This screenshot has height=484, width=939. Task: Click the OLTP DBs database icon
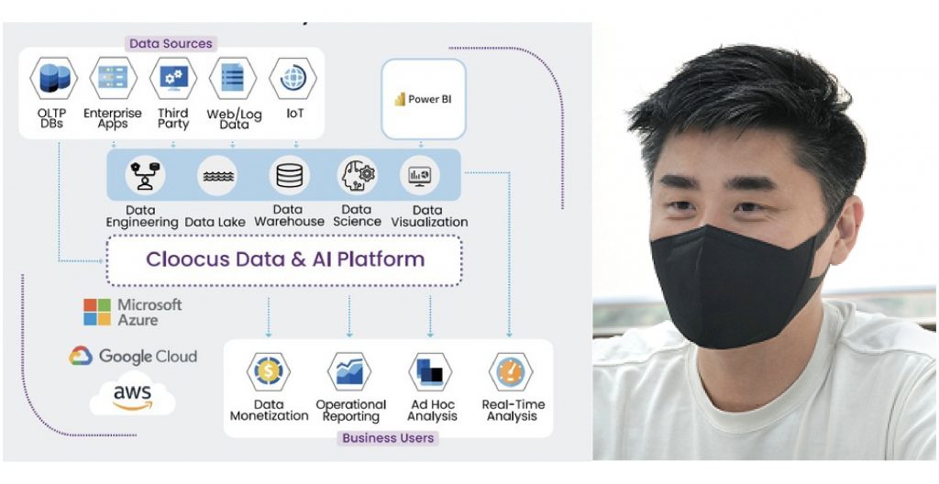(52, 79)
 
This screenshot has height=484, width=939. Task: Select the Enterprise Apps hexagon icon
(113, 79)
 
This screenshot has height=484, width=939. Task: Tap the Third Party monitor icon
(172, 79)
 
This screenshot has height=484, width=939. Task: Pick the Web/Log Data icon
(233, 79)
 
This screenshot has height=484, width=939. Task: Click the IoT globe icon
(293, 79)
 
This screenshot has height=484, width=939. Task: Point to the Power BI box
(423, 99)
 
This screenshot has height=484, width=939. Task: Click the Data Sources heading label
(171, 43)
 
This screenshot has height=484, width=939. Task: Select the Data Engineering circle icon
(145, 175)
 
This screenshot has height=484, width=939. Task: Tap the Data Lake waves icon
(217, 175)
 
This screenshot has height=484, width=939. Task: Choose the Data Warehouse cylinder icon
(289, 175)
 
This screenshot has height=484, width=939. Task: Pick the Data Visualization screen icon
(422, 175)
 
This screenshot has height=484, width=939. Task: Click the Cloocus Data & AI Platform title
(285, 258)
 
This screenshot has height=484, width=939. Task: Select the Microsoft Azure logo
(133, 313)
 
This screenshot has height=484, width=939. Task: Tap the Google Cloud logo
(133, 357)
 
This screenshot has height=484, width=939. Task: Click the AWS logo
(132, 397)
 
